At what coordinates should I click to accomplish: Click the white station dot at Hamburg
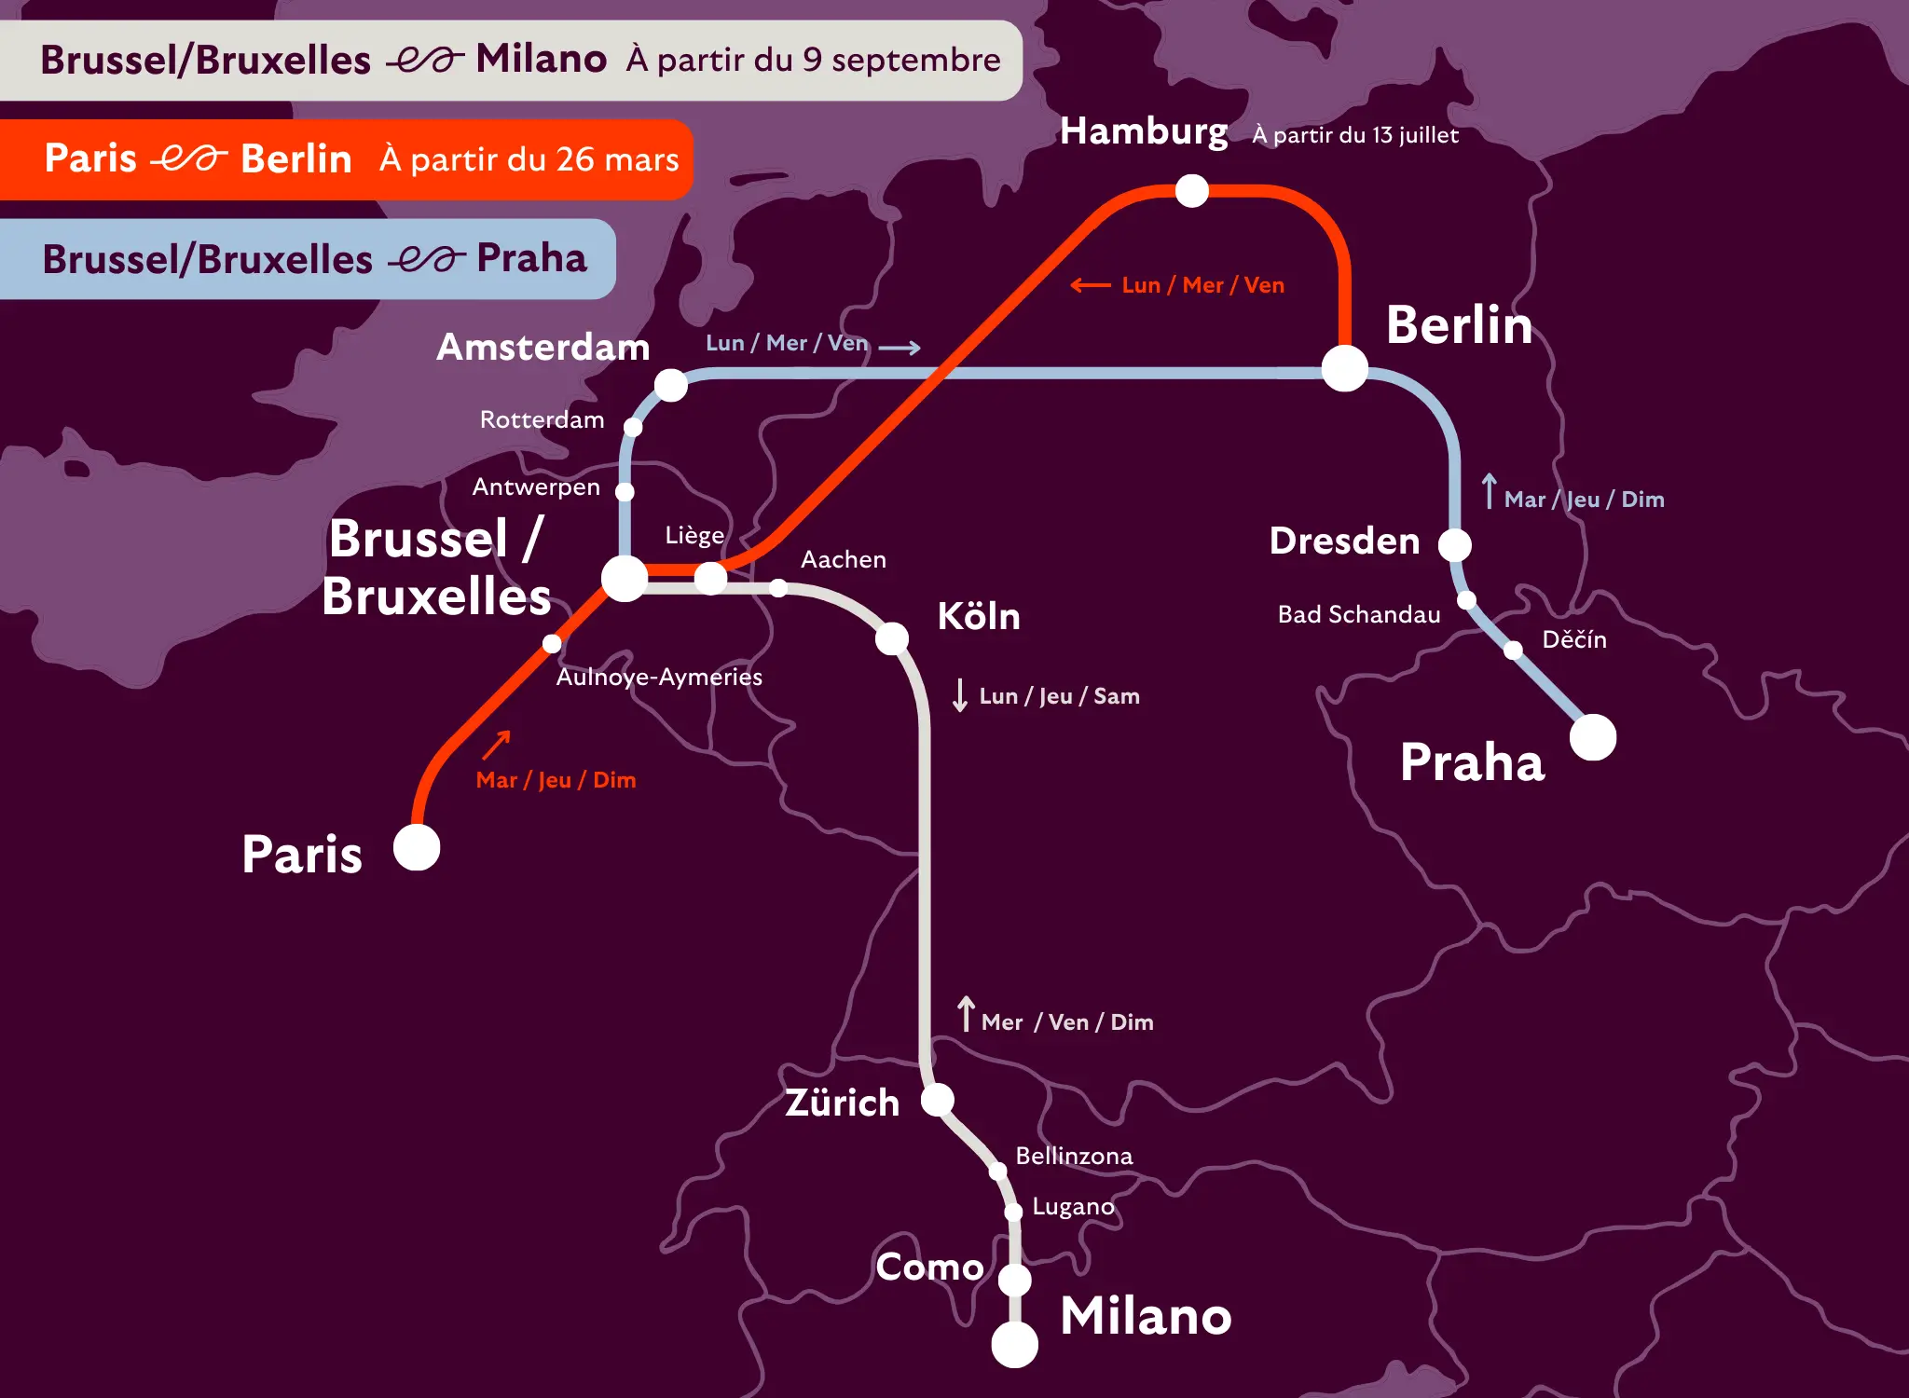click(1191, 191)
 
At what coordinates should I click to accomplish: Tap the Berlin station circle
click(1344, 368)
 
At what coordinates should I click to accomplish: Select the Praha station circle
click(1593, 737)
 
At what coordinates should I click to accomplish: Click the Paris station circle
click(417, 847)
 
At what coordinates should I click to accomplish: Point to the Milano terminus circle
click(1014, 1344)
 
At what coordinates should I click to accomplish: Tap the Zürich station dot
click(938, 1100)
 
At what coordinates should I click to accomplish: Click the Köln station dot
click(892, 638)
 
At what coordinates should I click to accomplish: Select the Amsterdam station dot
click(670, 385)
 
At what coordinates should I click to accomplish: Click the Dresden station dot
click(1454, 544)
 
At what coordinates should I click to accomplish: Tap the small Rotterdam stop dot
click(633, 427)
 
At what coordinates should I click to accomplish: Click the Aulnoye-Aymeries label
click(659, 677)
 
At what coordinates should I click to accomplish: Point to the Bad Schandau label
click(1359, 615)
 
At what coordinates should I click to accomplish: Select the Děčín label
click(1574, 640)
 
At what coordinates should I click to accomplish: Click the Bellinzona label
click(1074, 1157)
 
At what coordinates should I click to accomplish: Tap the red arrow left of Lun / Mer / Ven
click(1090, 285)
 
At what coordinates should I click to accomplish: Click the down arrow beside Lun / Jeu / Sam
click(960, 695)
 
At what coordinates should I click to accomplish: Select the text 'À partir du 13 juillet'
click(1355, 135)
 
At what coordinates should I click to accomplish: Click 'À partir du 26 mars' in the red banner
click(529, 159)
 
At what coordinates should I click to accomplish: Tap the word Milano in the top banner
click(541, 59)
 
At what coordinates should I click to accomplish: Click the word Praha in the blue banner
click(531, 258)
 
